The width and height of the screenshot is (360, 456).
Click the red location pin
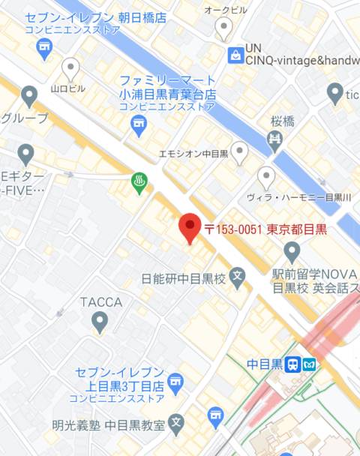pos(189,228)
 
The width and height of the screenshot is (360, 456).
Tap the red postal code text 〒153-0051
pos(232,229)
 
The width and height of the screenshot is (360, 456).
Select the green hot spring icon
pos(139,182)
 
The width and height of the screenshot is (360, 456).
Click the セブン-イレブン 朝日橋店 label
pos(95,17)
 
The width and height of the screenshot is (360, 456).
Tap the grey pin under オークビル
pos(223,29)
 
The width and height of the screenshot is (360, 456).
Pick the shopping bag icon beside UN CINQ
pos(236,54)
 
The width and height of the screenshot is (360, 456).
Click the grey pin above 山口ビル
pos(70,69)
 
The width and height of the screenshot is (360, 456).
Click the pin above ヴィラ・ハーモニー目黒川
pos(266,178)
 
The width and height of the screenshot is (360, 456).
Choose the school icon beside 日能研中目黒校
pos(238,279)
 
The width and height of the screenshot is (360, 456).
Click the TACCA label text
pos(100,301)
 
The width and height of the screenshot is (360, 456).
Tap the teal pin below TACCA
pos(99,322)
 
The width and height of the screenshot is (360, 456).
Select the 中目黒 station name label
pos(264,364)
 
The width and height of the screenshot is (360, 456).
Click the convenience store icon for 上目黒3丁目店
pos(175,381)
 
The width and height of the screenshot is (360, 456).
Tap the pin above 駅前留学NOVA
pos(292,250)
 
